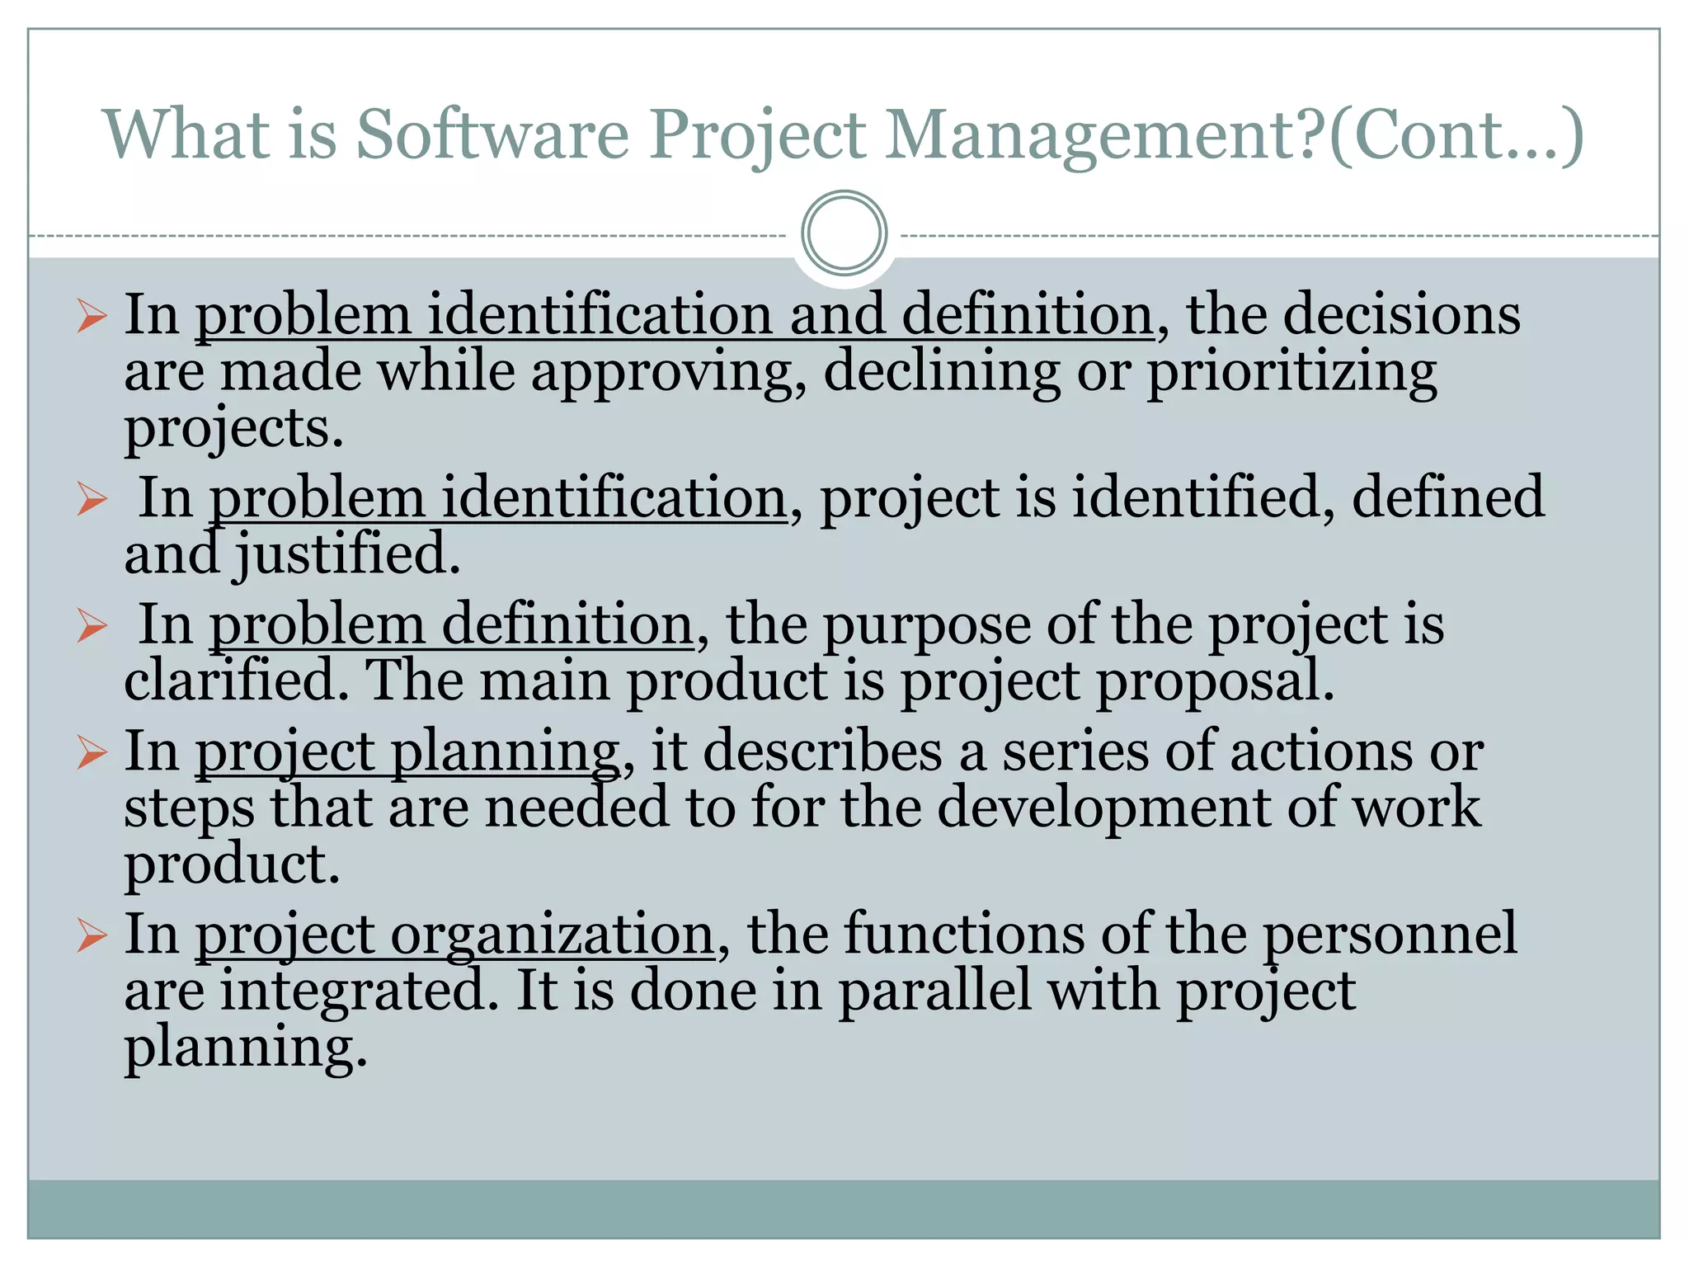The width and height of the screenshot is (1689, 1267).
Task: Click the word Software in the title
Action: (x=492, y=134)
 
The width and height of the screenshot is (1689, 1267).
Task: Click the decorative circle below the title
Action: (x=844, y=233)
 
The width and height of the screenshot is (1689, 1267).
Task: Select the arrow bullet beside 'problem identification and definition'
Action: (x=92, y=316)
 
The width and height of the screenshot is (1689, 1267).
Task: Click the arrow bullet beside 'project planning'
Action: (x=92, y=752)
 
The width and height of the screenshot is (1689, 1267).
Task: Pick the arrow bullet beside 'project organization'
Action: (x=92, y=935)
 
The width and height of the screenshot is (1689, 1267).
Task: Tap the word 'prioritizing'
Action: (x=1291, y=373)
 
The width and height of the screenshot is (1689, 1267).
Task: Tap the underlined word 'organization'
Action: (x=552, y=935)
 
